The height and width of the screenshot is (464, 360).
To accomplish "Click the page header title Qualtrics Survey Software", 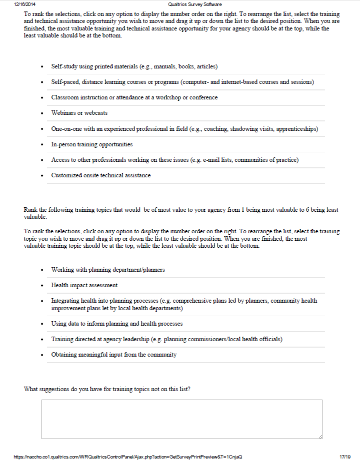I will point(195,4).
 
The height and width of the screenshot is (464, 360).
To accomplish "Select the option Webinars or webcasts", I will point(79,113).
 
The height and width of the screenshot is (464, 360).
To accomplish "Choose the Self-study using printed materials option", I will point(134,66).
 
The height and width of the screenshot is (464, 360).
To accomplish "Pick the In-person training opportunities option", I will point(92,144).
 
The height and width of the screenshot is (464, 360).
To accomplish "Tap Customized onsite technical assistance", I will point(100,175).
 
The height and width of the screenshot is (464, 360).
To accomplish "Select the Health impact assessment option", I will point(84,285).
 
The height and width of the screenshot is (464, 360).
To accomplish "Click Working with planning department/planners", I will point(108,270).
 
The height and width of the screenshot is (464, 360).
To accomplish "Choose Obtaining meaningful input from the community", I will point(113,355).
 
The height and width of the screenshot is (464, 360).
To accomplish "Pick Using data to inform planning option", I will point(116,324).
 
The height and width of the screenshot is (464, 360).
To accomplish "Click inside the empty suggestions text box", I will point(181,419).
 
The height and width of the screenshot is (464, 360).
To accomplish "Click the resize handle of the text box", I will point(320,437).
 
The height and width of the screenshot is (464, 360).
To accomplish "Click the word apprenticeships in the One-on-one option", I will point(297,129).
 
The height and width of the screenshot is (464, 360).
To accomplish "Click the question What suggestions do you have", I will point(106,389).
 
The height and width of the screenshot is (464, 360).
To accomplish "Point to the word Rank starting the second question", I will point(30,210).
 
